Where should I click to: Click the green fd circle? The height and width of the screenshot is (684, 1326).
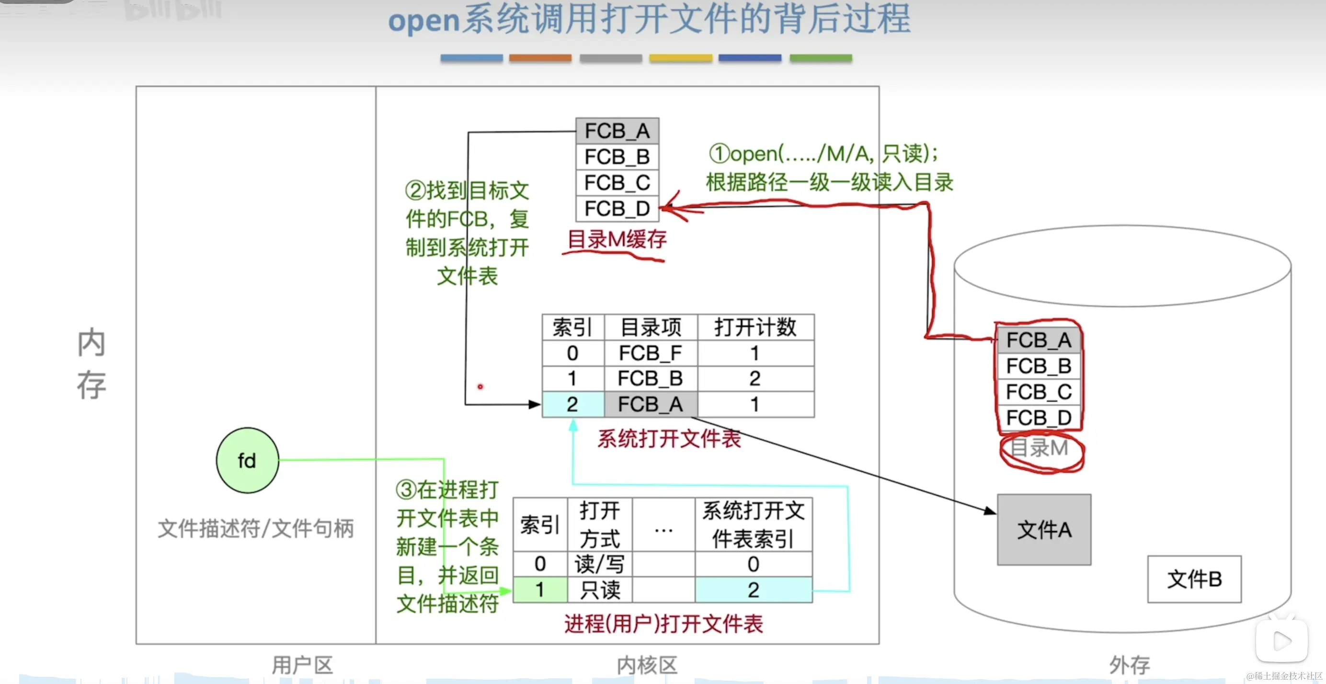coord(247,460)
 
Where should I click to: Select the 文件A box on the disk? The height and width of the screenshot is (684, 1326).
coord(1043,530)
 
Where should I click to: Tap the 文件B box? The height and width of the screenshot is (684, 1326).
coord(1194,579)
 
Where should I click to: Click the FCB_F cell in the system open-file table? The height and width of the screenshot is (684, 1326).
coord(650,353)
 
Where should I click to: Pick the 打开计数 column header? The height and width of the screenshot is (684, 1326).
coord(755,327)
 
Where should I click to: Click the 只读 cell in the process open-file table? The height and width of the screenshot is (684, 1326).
coord(600,590)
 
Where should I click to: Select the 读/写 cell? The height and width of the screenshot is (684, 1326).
coord(600,564)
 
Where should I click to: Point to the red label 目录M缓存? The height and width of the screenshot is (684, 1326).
coord(617,239)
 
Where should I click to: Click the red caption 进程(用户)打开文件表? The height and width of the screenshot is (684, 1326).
coord(663,624)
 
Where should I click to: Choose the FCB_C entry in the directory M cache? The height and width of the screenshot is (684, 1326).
coord(617,182)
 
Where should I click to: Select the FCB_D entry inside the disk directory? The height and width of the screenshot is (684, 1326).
coord(1039,417)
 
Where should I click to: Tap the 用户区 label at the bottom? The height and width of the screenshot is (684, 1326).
coord(302,665)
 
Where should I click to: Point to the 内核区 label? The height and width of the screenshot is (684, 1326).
coord(647,665)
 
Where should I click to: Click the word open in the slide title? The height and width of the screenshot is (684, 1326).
coord(423,21)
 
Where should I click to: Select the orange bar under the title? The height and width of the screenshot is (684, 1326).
coord(540,58)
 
